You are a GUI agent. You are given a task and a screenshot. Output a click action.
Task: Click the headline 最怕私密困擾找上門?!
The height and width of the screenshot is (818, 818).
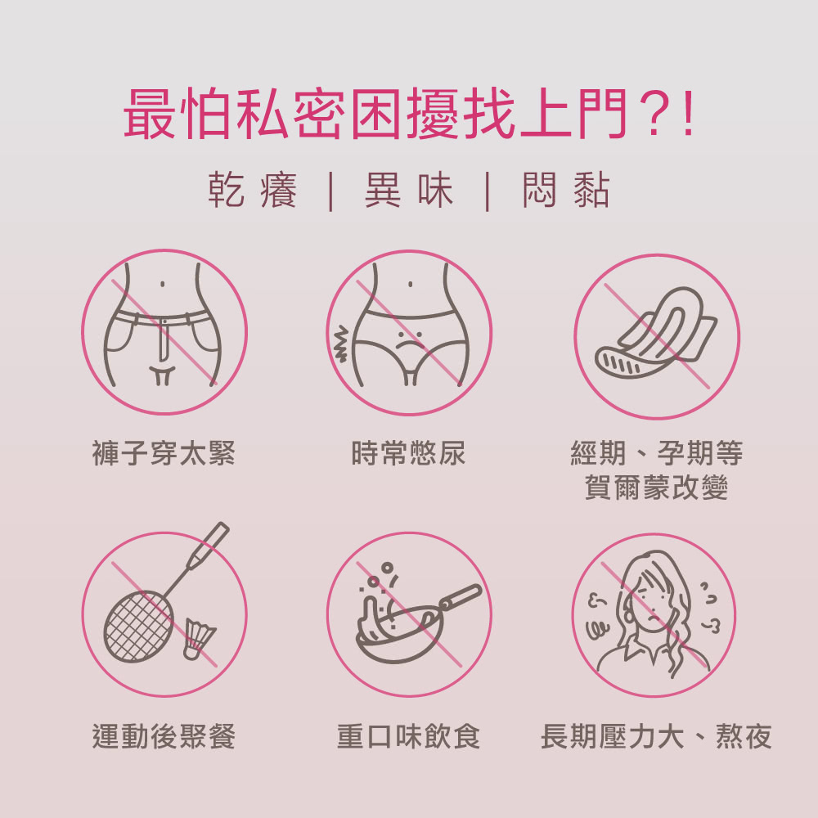tap(409, 115)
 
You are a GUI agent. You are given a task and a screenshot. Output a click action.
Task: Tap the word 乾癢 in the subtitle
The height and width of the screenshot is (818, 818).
tap(253, 190)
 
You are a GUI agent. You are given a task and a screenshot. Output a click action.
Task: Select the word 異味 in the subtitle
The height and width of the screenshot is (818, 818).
tap(409, 190)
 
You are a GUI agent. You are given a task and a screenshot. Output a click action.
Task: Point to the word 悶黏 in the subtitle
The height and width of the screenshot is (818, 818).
tap(566, 190)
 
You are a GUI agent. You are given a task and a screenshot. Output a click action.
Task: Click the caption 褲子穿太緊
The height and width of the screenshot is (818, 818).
tap(164, 453)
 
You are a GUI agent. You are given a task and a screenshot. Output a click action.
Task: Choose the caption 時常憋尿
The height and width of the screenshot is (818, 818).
tap(408, 453)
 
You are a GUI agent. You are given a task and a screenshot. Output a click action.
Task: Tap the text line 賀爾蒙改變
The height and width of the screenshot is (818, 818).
tap(656, 488)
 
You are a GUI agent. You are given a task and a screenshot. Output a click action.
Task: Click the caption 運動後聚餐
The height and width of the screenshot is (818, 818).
tap(164, 736)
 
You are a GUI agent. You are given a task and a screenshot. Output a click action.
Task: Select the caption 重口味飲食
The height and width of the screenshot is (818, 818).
tap(408, 736)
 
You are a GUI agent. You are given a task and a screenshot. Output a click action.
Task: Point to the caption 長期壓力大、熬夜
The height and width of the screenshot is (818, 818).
tap(656, 736)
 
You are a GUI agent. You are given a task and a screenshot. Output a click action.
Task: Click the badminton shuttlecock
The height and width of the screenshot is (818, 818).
tap(198, 640)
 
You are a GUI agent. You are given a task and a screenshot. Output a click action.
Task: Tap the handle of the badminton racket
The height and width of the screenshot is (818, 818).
tap(209, 546)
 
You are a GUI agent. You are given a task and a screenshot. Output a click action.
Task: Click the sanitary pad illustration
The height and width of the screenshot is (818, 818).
tap(656, 334)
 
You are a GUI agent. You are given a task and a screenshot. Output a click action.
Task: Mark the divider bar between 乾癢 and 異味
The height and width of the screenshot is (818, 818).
tap(330, 191)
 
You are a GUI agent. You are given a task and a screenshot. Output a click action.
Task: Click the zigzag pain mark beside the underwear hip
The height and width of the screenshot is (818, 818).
tap(340, 344)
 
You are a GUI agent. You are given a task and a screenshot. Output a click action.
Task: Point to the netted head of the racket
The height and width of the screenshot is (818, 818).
tap(138, 627)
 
